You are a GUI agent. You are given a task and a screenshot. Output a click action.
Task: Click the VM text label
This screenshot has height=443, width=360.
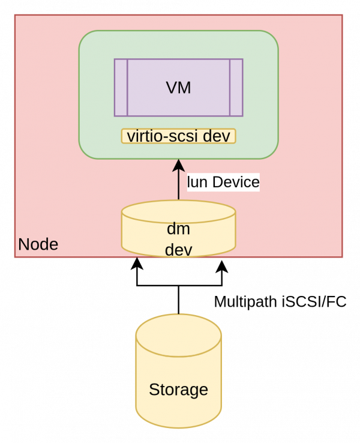(178, 88)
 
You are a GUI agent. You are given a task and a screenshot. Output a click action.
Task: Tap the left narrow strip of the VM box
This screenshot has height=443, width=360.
(121, 88)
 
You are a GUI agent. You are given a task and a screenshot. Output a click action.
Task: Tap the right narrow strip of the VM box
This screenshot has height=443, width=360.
(236, 88)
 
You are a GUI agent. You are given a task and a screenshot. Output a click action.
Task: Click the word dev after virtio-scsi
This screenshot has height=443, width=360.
(217, 136)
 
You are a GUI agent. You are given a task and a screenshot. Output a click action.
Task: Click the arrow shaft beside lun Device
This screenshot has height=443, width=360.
(178, 186)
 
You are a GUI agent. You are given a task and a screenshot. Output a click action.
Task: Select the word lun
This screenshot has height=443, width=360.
(197, 182)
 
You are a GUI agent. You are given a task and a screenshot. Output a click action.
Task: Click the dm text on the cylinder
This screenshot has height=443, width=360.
(178, 229)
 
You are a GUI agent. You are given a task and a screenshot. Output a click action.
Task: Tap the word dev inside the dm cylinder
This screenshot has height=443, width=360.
(178, 249)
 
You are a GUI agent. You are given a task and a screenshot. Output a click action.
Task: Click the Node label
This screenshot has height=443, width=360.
(38, 244)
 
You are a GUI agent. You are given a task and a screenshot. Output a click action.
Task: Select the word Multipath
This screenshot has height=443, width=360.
(245, 301)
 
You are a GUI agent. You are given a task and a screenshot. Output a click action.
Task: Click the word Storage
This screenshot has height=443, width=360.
(178, 390)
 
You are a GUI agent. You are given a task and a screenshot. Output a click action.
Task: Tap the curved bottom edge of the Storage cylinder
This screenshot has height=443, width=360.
(178, 427)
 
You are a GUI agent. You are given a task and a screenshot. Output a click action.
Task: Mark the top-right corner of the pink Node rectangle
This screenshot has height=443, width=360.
(342, 15)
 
